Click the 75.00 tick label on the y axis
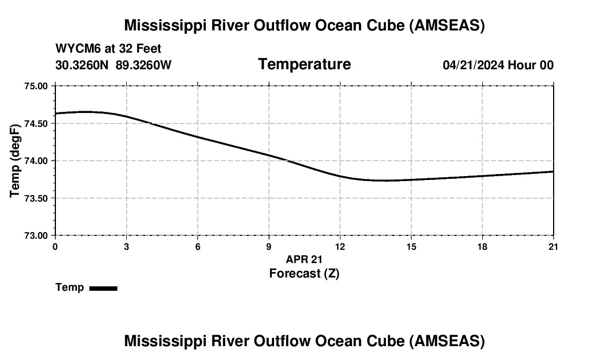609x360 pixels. [x=36, y=86]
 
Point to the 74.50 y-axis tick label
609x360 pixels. [x=36, y=124]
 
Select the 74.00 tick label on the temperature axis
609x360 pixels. [x=36, y=161]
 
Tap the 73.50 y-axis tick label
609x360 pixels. [x=36, y=198]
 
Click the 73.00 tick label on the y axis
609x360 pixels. [x=36, y=235]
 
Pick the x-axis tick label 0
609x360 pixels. [x=55, y=246]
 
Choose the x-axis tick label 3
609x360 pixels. [x=126, y=246]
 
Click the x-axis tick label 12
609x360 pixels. [x=340, y=246]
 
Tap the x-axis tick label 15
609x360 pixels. [x=411, y=246]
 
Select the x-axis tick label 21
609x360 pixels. [x=553, y=246]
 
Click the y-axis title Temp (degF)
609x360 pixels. [x=15, y=161]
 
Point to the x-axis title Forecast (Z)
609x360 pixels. [x=304, y=274]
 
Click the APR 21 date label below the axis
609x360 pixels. [x=304, y=259]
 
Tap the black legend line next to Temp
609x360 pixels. [x=103, y=288]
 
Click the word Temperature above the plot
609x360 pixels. [x=304, y=64]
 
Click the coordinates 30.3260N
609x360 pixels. [x=83, y=65]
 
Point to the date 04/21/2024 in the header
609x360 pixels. [x=473, y=65]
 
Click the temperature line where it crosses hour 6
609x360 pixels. [x=198, y=137]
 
